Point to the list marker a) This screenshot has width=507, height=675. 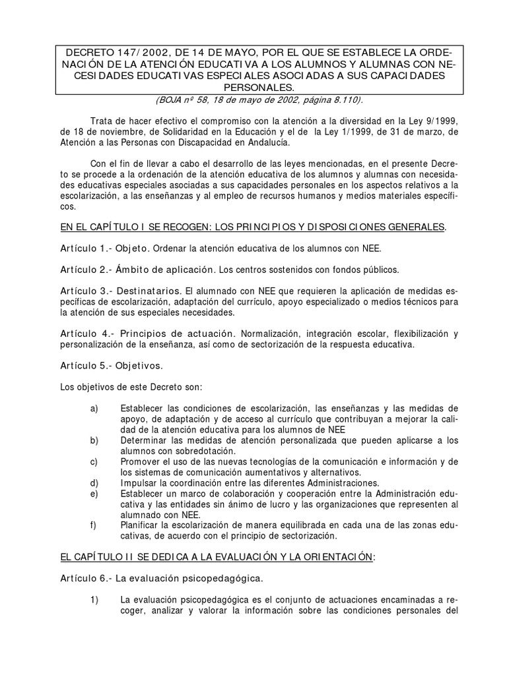click(94, 409)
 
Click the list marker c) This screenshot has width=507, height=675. click(94, 461)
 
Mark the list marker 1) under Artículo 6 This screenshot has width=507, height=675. click(94, 599)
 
